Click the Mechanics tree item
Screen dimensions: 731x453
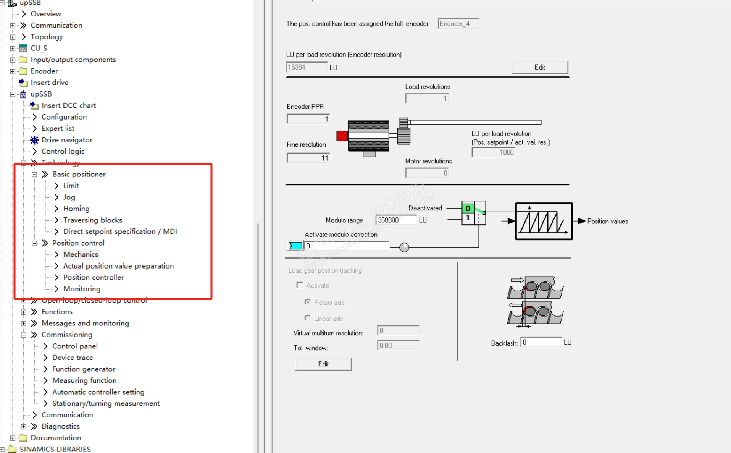pos(81,254)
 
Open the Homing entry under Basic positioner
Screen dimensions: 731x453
pos(76,209)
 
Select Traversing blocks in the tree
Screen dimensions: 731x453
pos(93,220)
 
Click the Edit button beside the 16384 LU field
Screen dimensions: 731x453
pos(540,67)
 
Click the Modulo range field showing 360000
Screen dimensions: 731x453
pos(396,220)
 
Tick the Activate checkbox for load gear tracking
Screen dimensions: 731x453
pos(300,285)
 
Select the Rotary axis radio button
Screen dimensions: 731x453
pos(307,302)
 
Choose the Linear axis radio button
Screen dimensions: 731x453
pos(307,318)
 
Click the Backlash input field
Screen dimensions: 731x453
pos(541,342)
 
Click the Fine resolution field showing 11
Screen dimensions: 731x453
pos(308,158)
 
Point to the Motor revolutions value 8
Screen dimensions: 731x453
pos(427,173)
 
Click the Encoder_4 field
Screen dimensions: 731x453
pos(458,24)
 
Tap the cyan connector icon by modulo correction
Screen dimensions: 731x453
pos(295,246)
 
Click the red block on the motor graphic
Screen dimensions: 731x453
pos(342,136)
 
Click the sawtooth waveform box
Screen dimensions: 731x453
pos(544,221)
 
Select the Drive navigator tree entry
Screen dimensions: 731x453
pos(67,140)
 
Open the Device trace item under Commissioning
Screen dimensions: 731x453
pos(73,358)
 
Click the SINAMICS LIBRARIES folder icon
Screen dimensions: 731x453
pos(12,449)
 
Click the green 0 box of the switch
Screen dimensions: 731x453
pos(468,209)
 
